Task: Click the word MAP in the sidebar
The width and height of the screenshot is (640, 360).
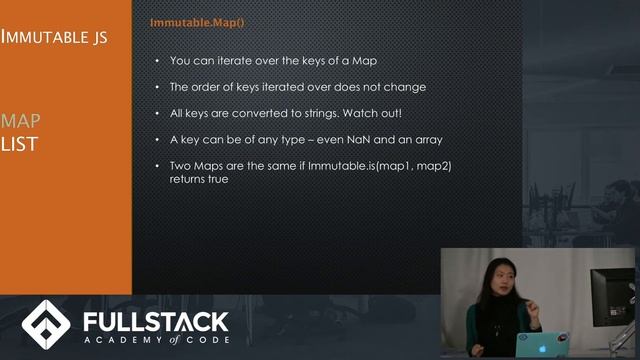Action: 20,121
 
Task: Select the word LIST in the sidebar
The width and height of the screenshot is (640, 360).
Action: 19,144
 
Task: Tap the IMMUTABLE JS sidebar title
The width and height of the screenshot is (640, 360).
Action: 54,38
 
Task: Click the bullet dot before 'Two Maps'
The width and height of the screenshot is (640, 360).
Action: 156,165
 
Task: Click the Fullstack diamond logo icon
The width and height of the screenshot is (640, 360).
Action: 45,324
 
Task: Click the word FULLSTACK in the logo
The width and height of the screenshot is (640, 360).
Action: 154,321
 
